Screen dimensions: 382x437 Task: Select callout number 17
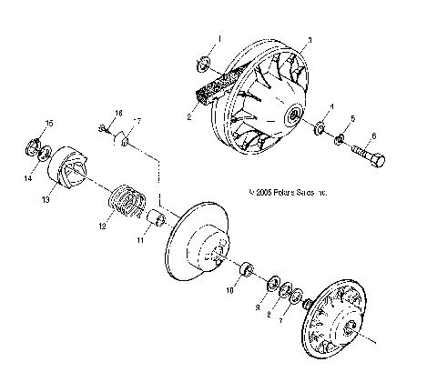[x=138, y=122]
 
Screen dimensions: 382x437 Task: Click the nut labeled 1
[x=204, y=64]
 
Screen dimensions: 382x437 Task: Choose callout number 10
[x=229, y=291]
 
